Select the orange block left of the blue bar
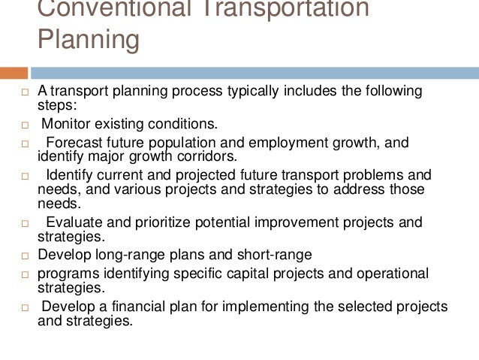(x=14, y=74)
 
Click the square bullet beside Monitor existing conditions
(x=24, y=123)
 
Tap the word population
(x=176, y=142)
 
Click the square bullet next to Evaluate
(x=24, y=223)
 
